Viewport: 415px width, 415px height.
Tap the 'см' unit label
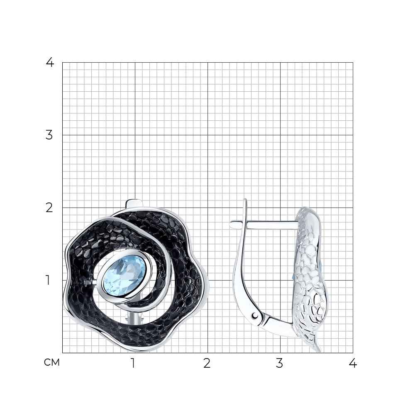pyautogui.click(x=52, y=362)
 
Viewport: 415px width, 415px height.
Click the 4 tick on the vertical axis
pyautogui.click(x=50, y=63)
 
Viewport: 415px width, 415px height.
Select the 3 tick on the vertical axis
pyautogui.click(x=49, y=135)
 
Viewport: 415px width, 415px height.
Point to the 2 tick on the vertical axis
pyautogui.click(x=49, y=208)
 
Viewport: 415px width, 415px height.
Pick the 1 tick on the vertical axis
pyautogui.click(x=48, y=280)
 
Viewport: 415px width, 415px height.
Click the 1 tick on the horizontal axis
pyautogui.click(x=133, y=363)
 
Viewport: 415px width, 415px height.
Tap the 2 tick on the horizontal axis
pyautogui.click(x=207, y=363)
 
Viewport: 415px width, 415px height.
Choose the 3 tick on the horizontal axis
pyautogui.click(x=279, y=363)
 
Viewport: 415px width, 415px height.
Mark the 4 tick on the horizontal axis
pyautogui.click(x=353, y=363)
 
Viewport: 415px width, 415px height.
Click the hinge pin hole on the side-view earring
pyautogui.click(x=255, y=315)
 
